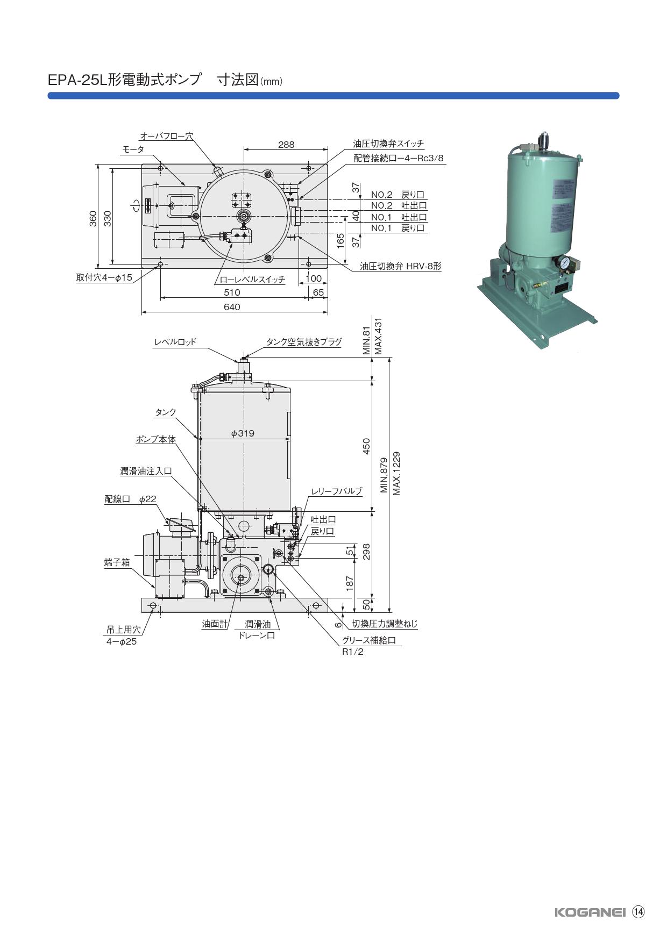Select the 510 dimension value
click(232, 292)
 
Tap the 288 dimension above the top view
click(286, 145)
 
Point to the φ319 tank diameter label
click(243, 433)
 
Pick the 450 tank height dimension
click(366, 446)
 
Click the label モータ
click(133, 150)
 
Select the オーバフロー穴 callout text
click(166, 136)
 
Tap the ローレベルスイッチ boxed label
click(252, 280)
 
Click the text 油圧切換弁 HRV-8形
click(400, 266)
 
